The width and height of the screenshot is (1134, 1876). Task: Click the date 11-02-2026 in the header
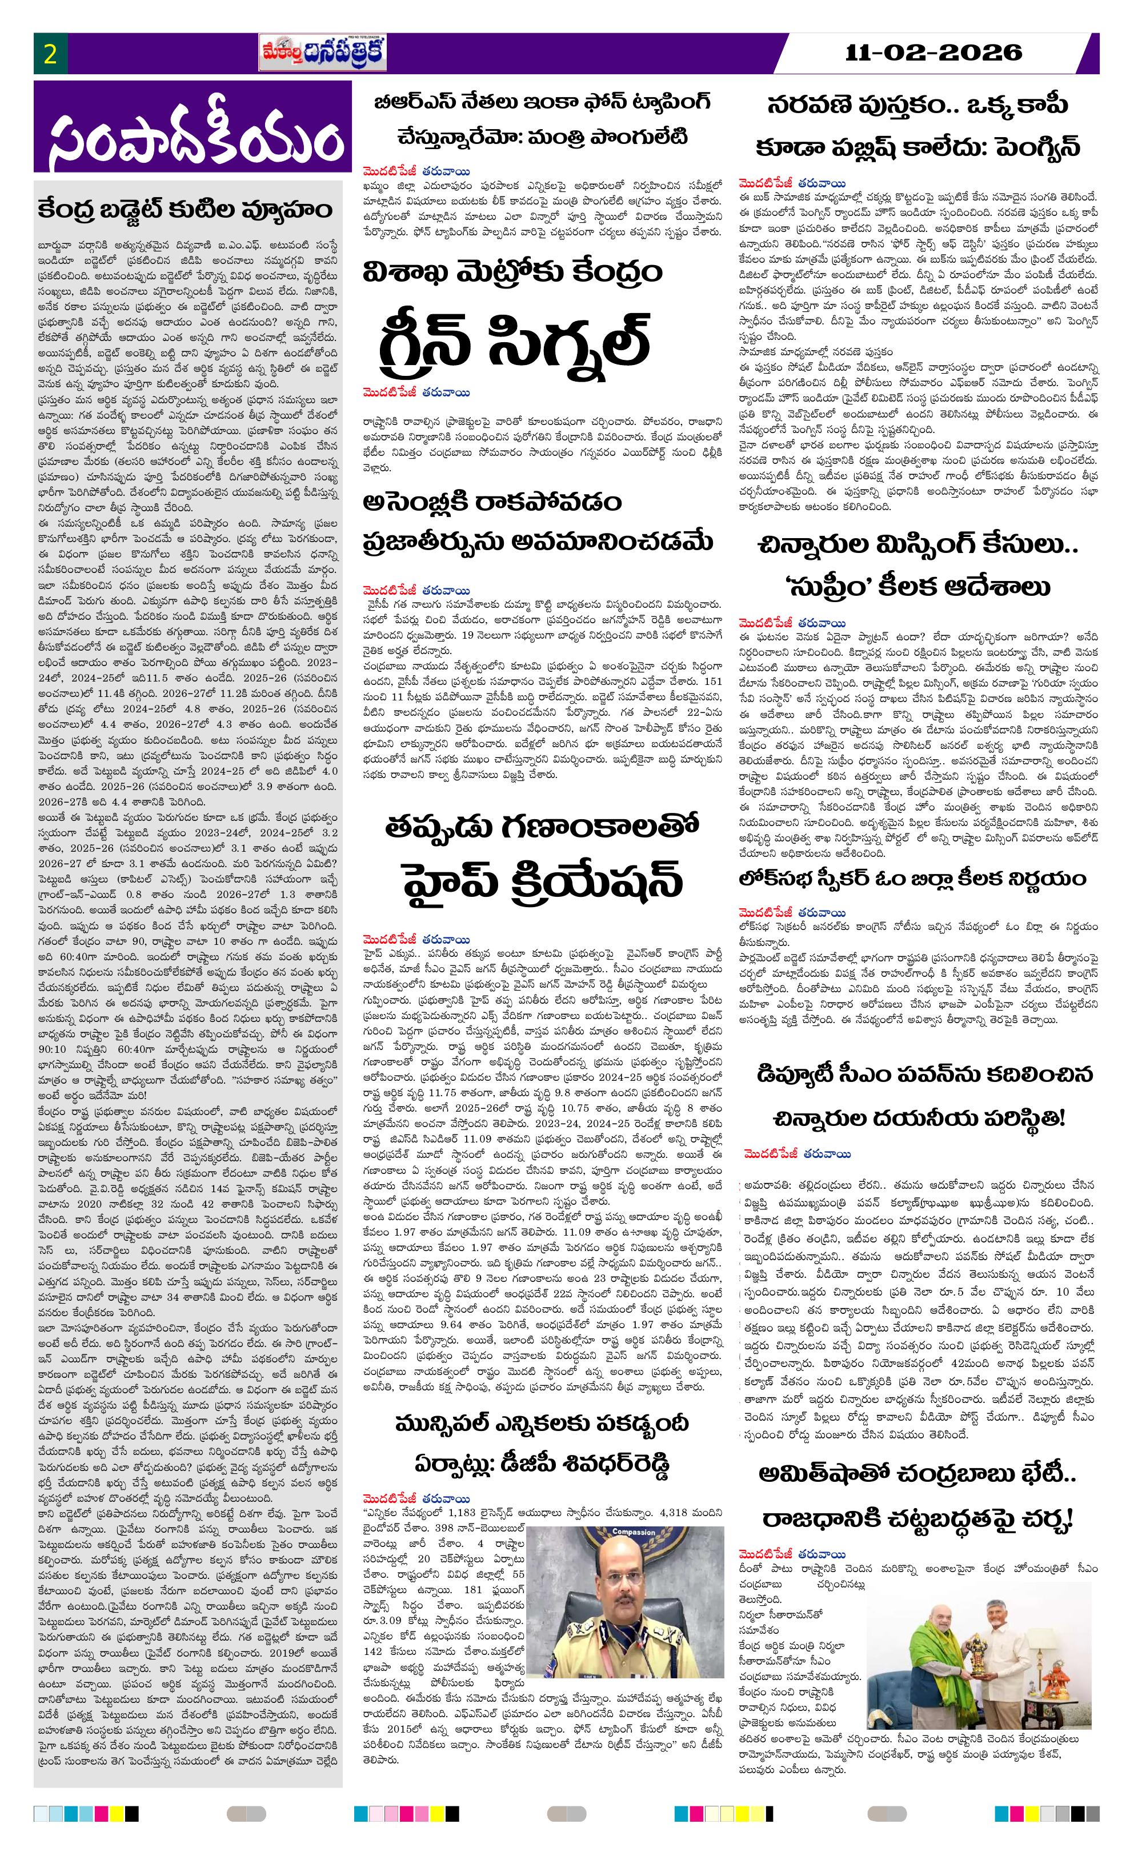coord(933,53)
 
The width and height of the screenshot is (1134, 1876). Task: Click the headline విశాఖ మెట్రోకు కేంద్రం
coord(512,272)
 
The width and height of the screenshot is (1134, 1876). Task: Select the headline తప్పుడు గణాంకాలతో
coord(542,827)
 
